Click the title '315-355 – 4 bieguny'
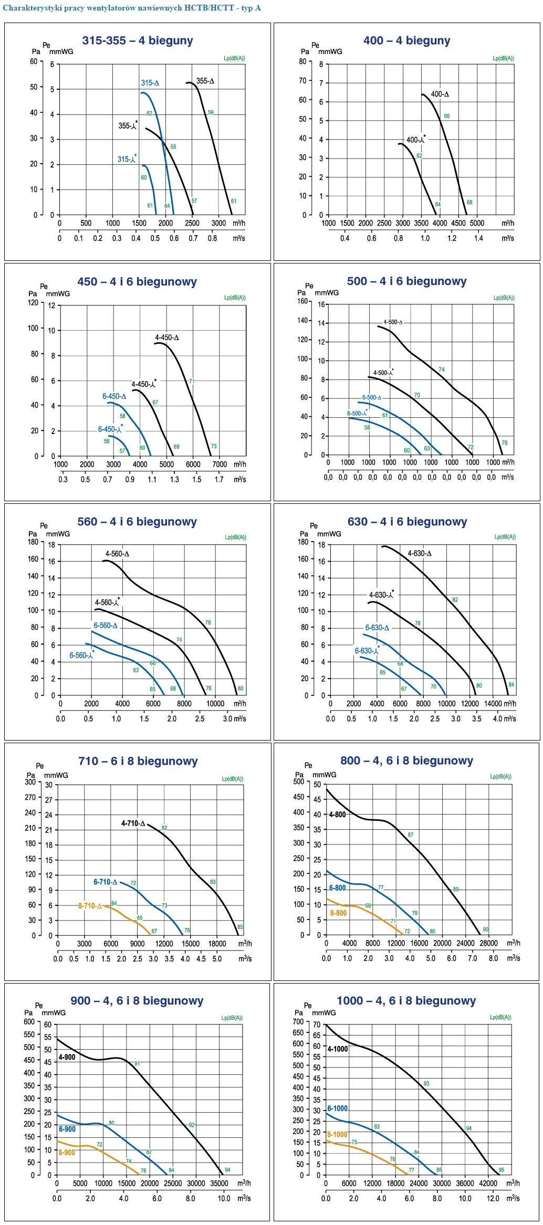138,41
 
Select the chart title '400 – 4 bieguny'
406,41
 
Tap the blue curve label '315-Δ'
150,83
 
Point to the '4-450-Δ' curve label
166,337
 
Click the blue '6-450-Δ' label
114,396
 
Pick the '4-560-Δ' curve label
117,554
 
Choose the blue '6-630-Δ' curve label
377,628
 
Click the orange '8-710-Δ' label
90,906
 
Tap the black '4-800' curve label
337,815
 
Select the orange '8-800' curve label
338,913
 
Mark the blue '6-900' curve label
67,1129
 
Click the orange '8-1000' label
337,1134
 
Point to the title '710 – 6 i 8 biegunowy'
138,762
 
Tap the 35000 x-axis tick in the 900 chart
219,1183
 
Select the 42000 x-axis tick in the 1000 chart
488,1183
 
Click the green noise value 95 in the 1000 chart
502,1170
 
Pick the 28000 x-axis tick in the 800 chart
488,943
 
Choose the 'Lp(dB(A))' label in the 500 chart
504,298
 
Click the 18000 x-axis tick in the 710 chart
217,944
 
